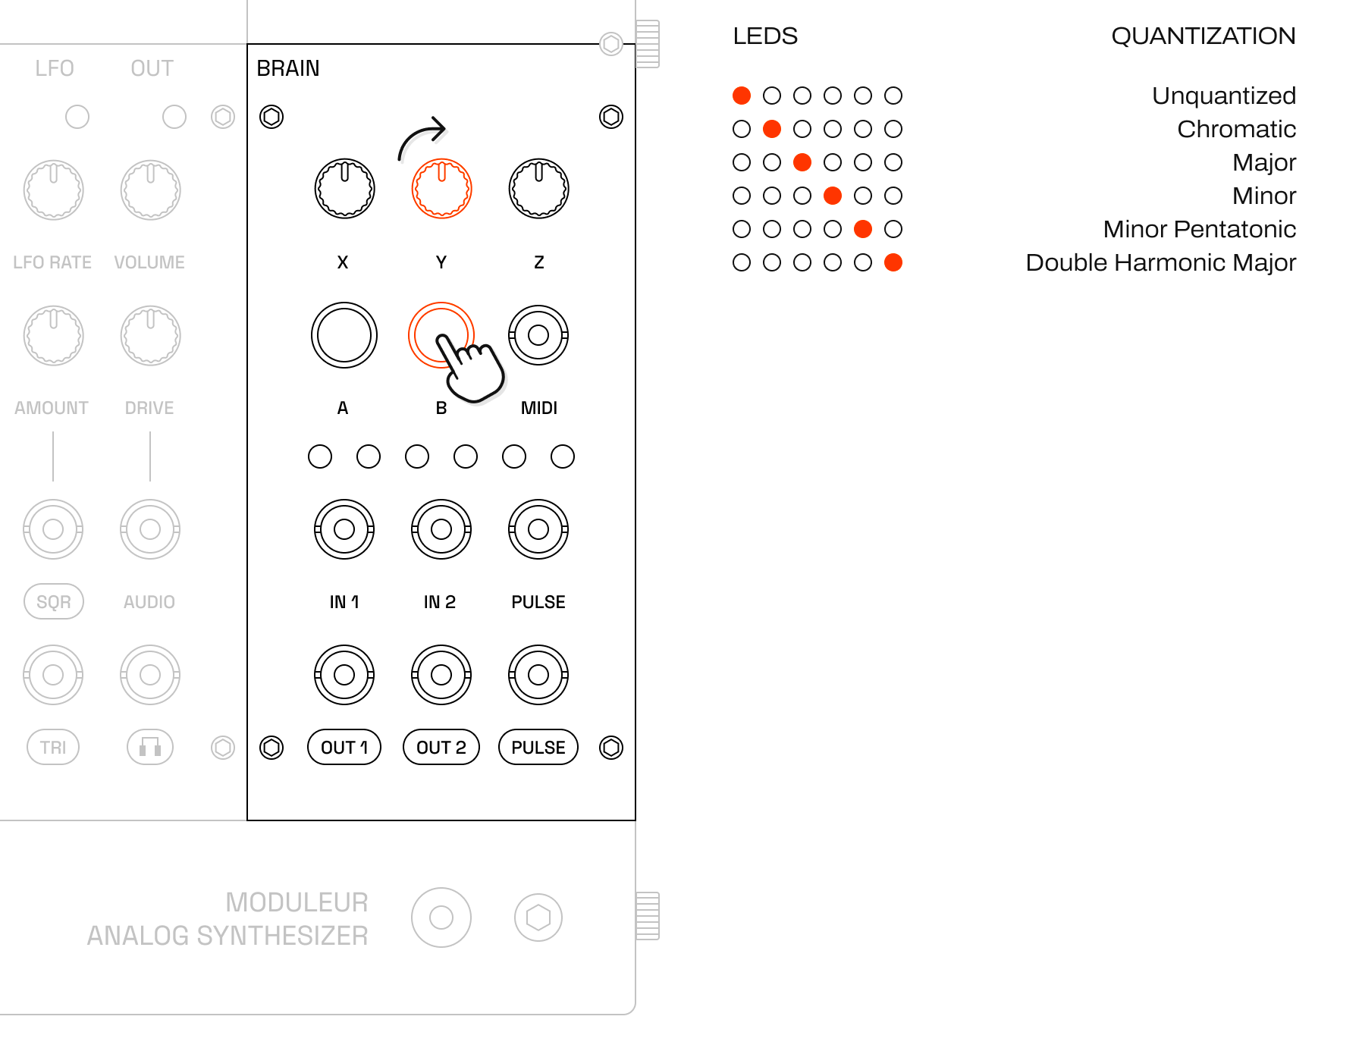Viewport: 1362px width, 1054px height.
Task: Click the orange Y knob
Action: pos(441,189)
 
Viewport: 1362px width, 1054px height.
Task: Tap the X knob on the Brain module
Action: pos(344,189)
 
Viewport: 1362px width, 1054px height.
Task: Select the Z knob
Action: pos(538,189)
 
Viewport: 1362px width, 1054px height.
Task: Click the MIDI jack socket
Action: pos(538,335)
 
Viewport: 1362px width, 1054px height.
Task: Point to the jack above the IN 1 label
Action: pos(344,529)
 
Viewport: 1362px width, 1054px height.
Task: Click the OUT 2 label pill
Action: pos(441,748)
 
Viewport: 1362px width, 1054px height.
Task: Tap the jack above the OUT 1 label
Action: pos(344,675)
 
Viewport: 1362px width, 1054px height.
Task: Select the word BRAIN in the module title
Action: pos(288,68)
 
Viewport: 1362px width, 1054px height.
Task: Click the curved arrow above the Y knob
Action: pos(422,136)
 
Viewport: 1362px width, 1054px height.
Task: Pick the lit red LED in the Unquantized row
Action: pos(742,96)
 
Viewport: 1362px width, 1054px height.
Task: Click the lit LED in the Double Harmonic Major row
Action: pos(893,262)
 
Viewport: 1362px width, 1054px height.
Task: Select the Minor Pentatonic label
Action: pos(1199,229)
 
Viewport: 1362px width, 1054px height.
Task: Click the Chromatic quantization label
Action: pos(1236,129)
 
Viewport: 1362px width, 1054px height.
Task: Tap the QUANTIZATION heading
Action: pos(1203,36)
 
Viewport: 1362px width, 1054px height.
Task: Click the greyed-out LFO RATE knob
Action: pos(53,190)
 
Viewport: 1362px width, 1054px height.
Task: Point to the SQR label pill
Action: pos(54,602)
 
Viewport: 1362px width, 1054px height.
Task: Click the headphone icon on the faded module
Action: pos(150,748)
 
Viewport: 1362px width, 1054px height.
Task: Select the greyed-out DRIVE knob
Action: pos(150,335)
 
